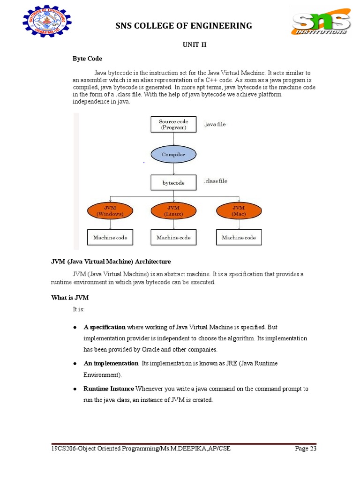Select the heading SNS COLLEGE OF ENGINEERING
[x=184, y=26]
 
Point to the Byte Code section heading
[x=87, y=59]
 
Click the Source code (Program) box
[x=173, y=125]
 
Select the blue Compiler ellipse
[x=173, y=154]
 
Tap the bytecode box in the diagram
[x=173, y=183]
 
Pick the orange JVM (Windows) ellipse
[x=110, y=211]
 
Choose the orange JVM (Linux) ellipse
[x=173, y=211]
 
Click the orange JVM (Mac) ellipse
[x=239, y=211]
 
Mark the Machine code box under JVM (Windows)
[x=110, y=238]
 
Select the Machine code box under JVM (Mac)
[x=239, y=238]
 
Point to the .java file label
[x=215, y=125]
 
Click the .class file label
[x=216, y=181]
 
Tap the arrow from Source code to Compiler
[x=173, y=139]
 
